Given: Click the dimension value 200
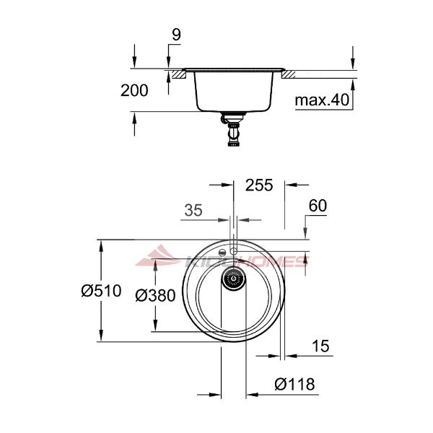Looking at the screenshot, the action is pyautogui.click(x=134, y=91).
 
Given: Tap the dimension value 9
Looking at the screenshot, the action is pyautogui.click(x=176, y=35).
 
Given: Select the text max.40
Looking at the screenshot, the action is pyautogui.click(x=322, y=100).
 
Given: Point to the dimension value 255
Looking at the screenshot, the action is pyautogui.click(x=259, y=185).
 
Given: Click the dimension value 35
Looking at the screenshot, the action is pyautogui.click(x=193, y=210).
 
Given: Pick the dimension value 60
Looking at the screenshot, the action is pyautogui.click(x=318, y=206).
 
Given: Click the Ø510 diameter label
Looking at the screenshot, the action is pyautogui.click(x=101, y=291).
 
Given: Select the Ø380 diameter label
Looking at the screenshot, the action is pyautogui.click(x=155, y=295).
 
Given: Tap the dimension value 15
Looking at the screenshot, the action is pyautogui.click(x=320, y=346).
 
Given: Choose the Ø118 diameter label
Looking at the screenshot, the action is pyautogui.click(x=294, y=384).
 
